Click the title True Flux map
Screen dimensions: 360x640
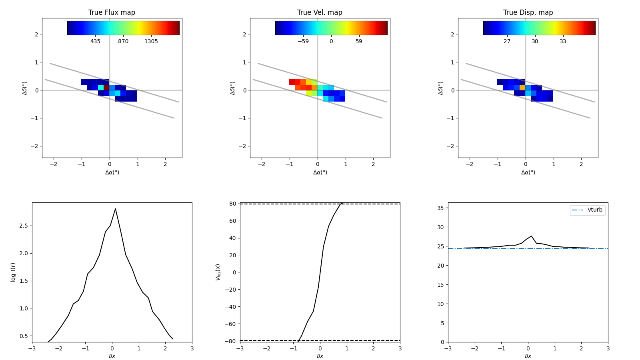(112, 12)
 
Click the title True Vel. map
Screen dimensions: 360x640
(320, 12)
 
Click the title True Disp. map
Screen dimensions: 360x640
(528, 12)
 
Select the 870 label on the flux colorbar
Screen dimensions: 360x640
(123, 42)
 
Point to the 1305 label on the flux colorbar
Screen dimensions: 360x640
(151, 42)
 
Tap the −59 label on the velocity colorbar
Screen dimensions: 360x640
(303, 42)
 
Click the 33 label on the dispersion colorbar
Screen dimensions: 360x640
(563, 42)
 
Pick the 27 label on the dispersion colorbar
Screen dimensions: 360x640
(507, 42)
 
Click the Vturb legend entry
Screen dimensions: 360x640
(594, 210)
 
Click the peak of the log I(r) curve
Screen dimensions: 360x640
(115, 208)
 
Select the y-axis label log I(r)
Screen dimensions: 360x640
(13, 272)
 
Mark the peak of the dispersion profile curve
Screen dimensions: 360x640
(531, 236)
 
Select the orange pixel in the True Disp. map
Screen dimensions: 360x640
(522, 87)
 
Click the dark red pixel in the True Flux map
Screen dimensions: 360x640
(106, 87)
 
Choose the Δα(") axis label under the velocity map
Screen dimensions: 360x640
(320, 172)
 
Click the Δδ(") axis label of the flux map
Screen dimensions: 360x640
(25, 88)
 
